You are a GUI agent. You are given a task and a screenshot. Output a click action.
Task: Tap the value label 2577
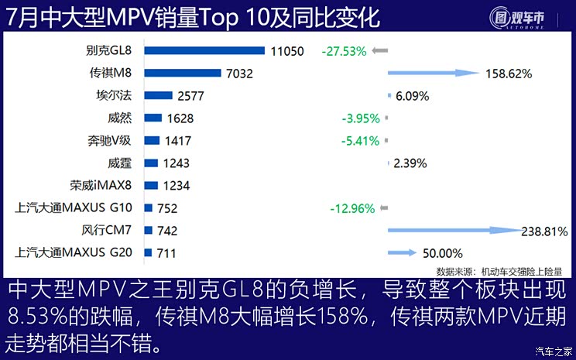(192, 96)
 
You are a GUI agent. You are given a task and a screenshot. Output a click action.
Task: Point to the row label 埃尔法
(115, 96)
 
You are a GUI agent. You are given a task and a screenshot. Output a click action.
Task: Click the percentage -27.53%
(343, 51)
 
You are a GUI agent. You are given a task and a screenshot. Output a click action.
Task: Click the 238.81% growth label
(547, 231)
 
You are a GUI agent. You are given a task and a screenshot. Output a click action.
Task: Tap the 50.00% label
(443, 253)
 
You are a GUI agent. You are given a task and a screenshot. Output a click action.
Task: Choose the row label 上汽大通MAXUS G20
(74, 252)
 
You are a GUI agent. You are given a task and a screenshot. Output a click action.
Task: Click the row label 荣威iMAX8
(101, 186)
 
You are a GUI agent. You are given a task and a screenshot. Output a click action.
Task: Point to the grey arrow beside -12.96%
(384, 208)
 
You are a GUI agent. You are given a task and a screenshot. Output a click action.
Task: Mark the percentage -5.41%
(360, 141)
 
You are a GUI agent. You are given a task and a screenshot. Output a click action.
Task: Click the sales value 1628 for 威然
(180, 118)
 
